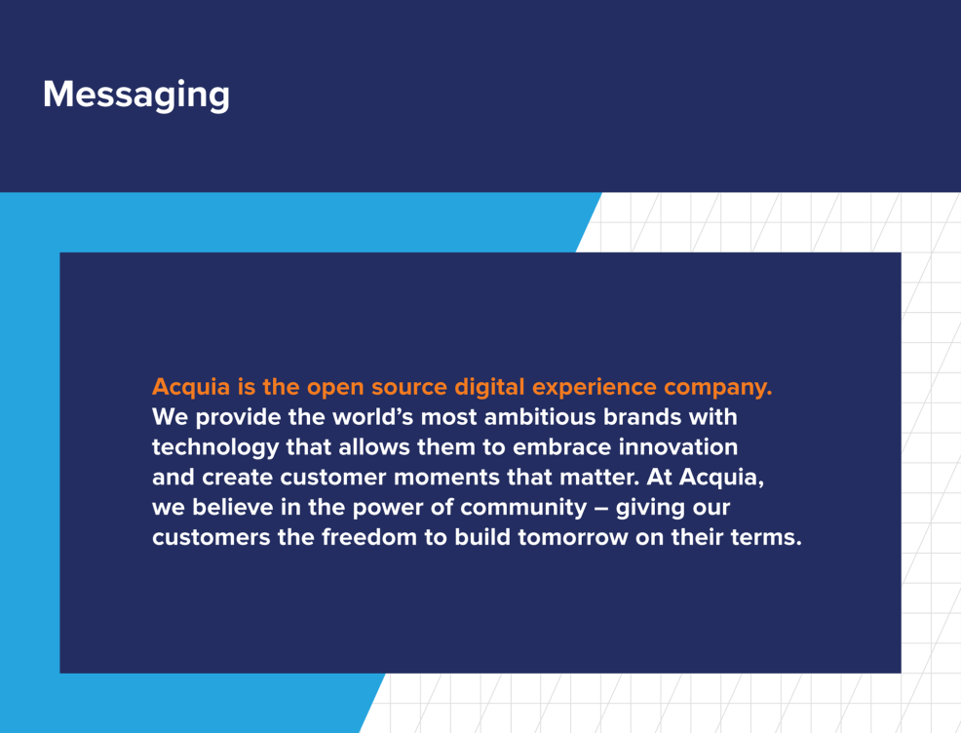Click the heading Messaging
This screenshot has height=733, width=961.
[x=136, y=95]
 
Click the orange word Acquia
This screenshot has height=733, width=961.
[x=191, y=388]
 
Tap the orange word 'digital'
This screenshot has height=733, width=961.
[x=489, y=388]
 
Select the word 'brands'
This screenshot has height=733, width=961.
[x=642, y=417]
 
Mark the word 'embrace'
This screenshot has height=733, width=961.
[x=561, y=447]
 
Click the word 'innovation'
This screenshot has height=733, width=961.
[x=677, y=447]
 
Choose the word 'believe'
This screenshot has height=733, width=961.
[x=233, y=508]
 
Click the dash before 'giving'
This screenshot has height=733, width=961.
[x=601, y=509]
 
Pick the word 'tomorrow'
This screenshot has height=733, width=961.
[x=573, y=538]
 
